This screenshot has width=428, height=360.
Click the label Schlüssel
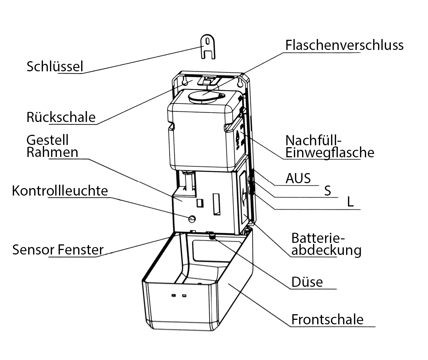pyautogui.click(x=54, y=66)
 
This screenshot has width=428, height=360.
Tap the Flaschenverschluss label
pyautogui.click(x=344, y=45)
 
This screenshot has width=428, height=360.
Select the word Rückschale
pyautogui.click(x=61, y=117)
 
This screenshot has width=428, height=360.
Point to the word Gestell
pyautogui.click(x=47, y=140)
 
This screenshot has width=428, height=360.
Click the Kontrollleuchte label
pyautogui.click(x=60, y=191)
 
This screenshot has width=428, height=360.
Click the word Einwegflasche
pyautogui.click(x=330, y=153)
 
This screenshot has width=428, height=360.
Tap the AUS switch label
pyautogui.click(x=298, y=178)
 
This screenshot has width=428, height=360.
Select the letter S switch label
pyautogui.click(x=328, y=191)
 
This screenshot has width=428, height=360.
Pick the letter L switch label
pyautogui.click(x=350, y=202)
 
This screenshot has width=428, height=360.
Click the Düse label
pyautogui.click(x=307, y=282)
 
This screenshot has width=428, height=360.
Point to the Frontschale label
pyautogui.click(x=327, y=319)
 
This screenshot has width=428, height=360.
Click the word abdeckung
pyautogui.click(x=326, y=250)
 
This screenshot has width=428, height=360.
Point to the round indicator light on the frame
pyautogui.click(x=192, y=218)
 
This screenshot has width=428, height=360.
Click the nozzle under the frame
pyautogui.click(x=212, y=235)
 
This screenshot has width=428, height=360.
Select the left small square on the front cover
pyautogui.click(x=173, y=296)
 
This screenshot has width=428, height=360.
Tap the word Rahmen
pyautogui.click(x=52, y=152)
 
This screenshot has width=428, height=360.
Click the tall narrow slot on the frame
pyautogui.click(x=216, y=205)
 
